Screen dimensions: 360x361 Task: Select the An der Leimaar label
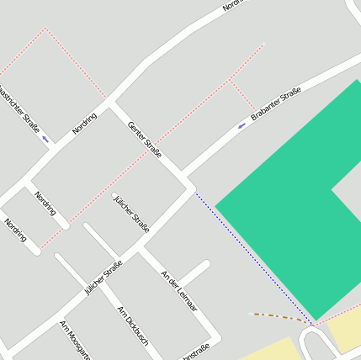pos(178,291)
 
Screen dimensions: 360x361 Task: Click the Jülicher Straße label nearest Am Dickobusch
pos(103,278)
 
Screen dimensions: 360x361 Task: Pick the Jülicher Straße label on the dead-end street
pos(131,214)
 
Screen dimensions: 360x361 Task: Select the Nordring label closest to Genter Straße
pos(84,124)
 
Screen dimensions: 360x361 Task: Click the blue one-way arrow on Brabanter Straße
pos(242,126)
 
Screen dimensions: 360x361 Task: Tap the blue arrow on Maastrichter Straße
pos(45,138)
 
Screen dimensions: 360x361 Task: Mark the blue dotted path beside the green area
pos(252,256)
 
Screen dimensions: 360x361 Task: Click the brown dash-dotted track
pos(282,317)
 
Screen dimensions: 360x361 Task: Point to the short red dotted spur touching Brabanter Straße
pos(242,98)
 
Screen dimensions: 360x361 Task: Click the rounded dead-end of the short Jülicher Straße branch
pos(115,197)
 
